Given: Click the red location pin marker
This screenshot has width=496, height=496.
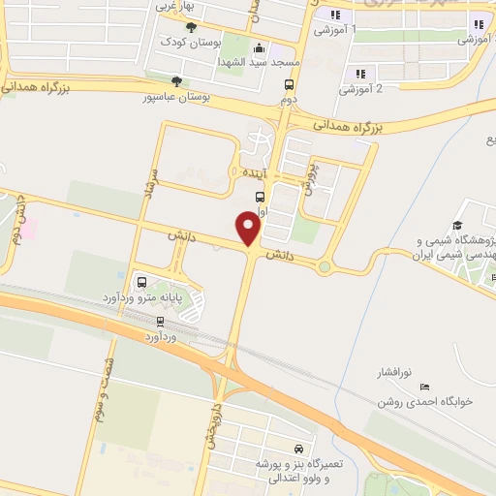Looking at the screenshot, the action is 249,230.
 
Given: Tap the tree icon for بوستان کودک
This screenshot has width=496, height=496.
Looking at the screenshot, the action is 191,26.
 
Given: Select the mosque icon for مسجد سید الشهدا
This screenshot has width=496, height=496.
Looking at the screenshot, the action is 258,48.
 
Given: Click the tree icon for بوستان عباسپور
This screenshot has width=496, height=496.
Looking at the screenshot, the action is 175,81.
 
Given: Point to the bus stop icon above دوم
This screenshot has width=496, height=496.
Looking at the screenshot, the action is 288,83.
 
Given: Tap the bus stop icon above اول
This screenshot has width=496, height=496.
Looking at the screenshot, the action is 260,197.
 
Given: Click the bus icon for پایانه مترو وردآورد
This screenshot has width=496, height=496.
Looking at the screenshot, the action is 142,282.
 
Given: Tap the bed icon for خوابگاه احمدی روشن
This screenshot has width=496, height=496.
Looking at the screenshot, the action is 426,387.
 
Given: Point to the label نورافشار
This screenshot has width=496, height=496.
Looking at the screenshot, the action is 394,372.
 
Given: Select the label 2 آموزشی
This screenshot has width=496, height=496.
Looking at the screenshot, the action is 360,89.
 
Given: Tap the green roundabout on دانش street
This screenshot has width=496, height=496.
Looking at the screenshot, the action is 325,266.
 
